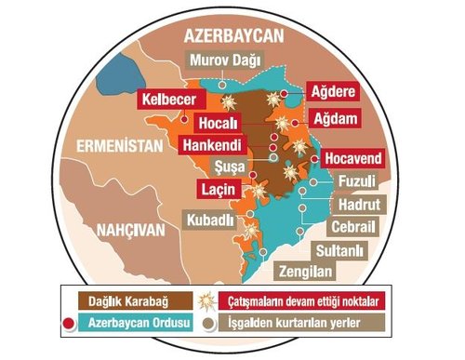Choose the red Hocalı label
pyautogui.click(x=219, y=123)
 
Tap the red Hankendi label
pyautogui.click(x=212, y=145)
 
